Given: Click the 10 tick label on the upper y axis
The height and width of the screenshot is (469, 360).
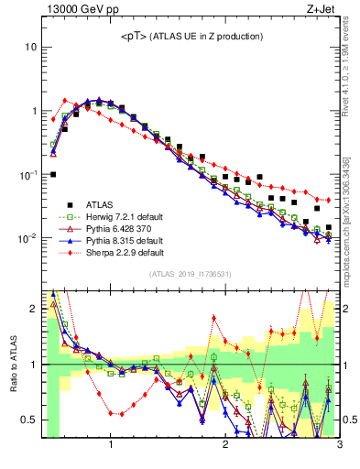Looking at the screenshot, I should click(29, 47).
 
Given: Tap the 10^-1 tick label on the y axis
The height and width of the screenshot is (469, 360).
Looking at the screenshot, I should click(27, 174).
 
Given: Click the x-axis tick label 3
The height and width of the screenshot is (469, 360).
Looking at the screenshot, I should click(338, 446).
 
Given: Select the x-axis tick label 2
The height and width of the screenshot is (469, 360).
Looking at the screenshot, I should click(224, 446).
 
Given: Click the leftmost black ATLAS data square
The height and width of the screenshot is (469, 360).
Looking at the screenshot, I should click(53, 174).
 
